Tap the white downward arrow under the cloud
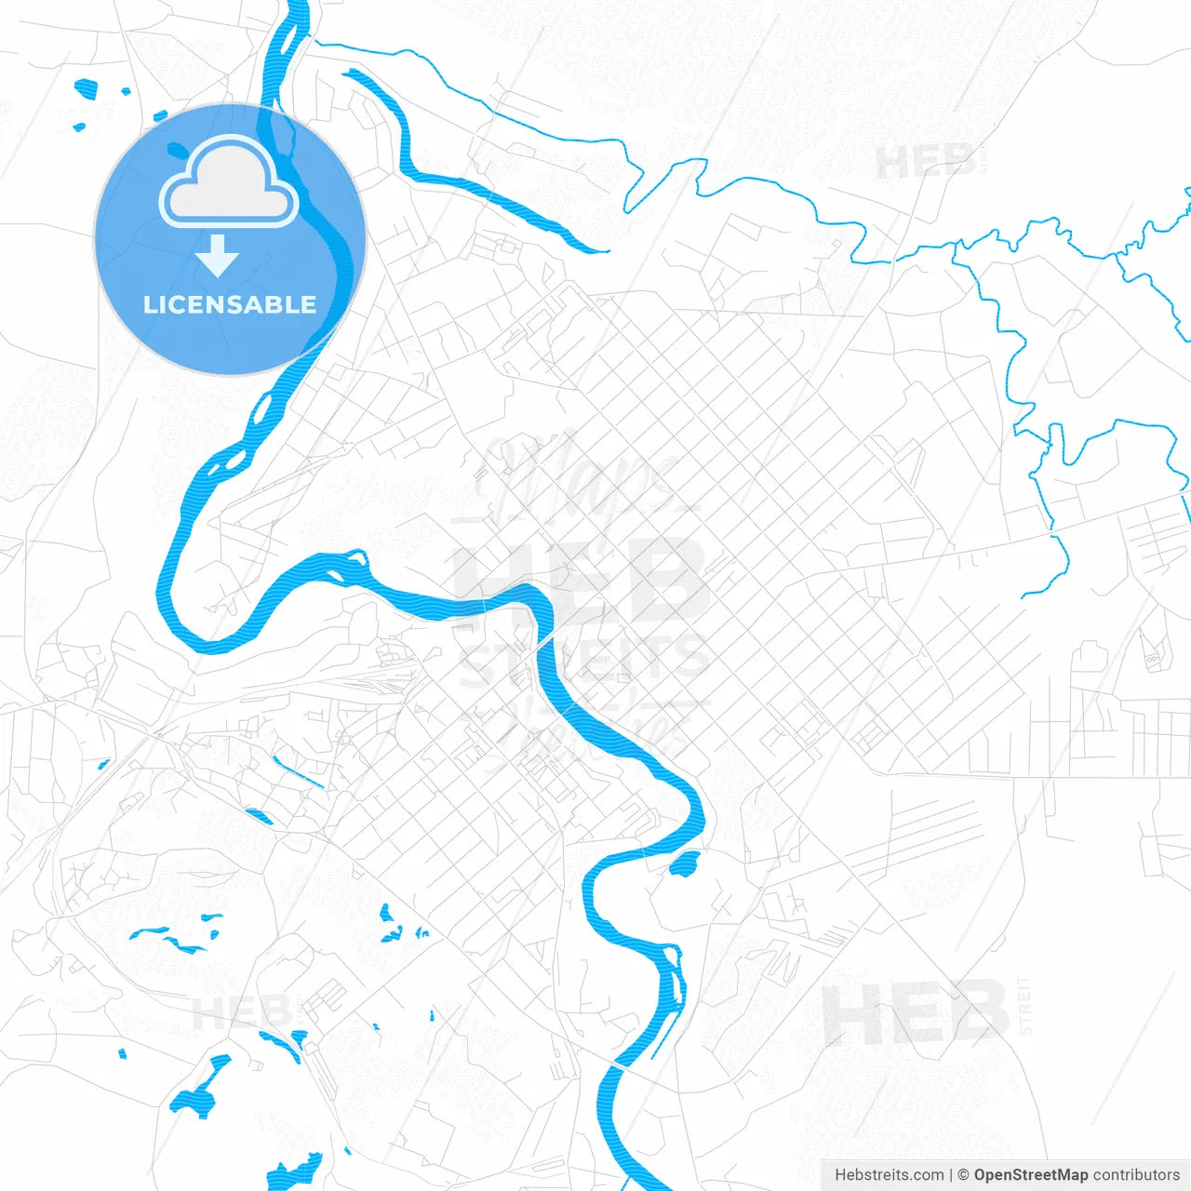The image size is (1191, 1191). (x=218, y=256)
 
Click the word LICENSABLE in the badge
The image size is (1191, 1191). (x=230, y=304)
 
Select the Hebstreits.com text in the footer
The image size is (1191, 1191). (x=889, y=1175)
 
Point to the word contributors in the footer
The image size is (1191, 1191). (x=1136, y=1175)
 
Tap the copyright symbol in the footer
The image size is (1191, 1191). (x=963, y=1175)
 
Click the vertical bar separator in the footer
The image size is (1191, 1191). (x=950, y=1175)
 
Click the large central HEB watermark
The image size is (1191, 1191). (x=577, y=582)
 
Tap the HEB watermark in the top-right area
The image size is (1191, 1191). (x=925, y=163)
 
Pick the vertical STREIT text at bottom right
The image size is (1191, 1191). (x=1024, y=1005)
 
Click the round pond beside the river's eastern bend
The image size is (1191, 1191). (x=684, y=864)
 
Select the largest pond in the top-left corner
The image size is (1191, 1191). (x=87, y=89)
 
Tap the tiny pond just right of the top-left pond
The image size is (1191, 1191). (x=126, y=91)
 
